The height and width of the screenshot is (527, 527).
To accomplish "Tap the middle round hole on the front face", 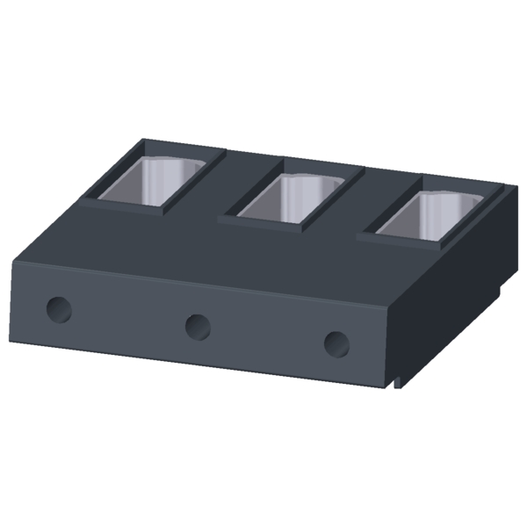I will click(198, 327).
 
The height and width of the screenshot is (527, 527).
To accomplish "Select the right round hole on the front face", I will click(336, 343).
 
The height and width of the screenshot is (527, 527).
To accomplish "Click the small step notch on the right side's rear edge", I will click(500, 283).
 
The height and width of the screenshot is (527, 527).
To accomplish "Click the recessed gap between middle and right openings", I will click(362, 200).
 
